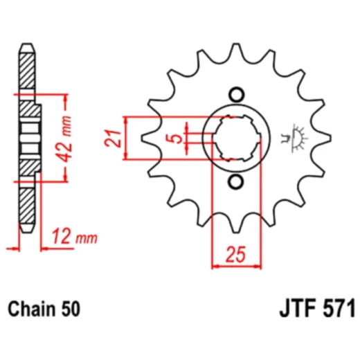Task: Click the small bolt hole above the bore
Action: (237, 95)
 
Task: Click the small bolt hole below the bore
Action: (237, 182)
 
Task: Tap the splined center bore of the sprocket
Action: (237, 138)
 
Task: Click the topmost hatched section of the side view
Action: (26, 69)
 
